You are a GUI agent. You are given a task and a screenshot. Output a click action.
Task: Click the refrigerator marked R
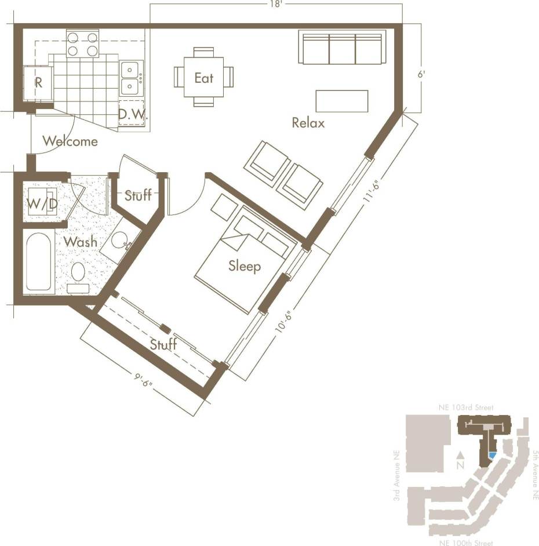coord(38,83)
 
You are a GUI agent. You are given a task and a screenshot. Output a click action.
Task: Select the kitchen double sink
coord(130,78)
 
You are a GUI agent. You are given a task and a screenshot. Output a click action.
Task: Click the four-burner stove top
coord(82,44)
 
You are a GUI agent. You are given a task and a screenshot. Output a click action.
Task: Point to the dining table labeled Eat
coord(203,77)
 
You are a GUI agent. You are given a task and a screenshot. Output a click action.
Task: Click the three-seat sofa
coord(343,48)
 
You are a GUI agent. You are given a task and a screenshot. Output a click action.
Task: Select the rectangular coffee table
coord(341,101)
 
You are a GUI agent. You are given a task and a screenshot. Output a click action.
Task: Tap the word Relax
coord(308,123)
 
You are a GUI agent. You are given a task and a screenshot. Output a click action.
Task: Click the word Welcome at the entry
coord(70,141)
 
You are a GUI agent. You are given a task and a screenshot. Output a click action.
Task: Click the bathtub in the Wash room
coord(39,262)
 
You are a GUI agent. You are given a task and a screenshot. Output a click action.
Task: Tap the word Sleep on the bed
coord(244,266)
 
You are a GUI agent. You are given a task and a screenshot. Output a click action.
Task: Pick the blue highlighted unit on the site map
coord(491,456)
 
